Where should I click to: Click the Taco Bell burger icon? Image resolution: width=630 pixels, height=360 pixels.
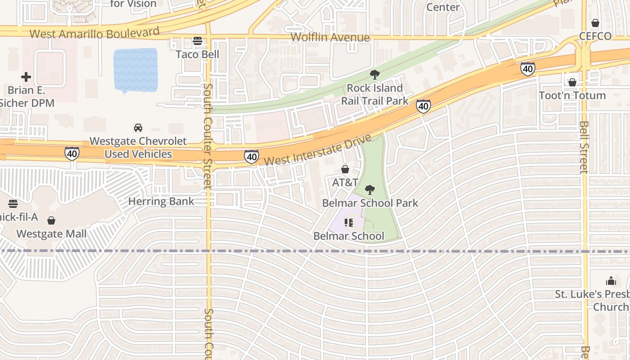click(197, 41)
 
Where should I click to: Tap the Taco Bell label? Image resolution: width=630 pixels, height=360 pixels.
click(197, 54)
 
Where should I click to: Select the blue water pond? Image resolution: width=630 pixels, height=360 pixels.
click(135, 70)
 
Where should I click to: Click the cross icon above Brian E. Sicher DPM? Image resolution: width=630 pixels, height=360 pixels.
click(26, 77)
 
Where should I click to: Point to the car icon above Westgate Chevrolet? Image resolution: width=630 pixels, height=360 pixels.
click(138, 128)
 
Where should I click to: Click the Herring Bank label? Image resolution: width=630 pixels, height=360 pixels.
click(161, 201)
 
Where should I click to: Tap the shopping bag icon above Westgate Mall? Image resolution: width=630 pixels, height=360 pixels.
click(51, 220)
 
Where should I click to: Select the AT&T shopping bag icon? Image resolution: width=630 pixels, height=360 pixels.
click(345, 169)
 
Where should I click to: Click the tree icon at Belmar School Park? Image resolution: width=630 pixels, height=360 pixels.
click(370, 190)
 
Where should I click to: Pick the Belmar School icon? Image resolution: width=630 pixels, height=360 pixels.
click(349, 223)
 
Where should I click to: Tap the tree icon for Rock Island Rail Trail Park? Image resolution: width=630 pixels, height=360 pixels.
click(374, 75)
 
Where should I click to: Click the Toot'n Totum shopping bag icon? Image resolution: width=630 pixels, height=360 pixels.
click(572, 82)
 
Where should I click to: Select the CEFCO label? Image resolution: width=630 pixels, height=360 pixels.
click(595, 36)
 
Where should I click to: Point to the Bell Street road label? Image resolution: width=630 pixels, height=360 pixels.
click(584, 147)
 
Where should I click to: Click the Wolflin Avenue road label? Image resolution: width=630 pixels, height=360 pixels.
click(330, 37)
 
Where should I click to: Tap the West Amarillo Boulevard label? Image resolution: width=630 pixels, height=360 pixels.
click(94, 33)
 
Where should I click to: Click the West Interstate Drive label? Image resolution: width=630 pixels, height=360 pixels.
click(318, 149)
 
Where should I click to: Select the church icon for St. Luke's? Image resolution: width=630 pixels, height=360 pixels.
click(611, 281)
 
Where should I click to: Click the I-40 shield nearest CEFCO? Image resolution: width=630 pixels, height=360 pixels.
click(528, 68)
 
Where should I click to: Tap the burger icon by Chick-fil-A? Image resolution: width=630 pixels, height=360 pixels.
click(13, 203)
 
